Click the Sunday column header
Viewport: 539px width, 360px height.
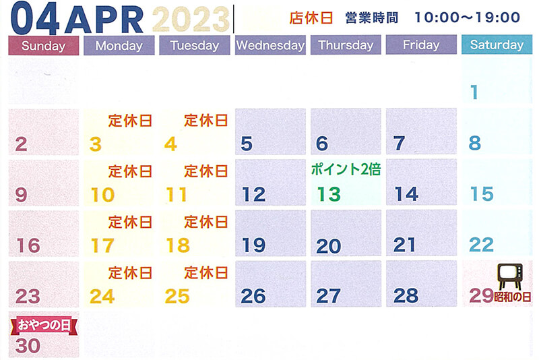44,45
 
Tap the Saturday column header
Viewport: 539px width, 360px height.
497,44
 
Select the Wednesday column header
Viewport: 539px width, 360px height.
270,45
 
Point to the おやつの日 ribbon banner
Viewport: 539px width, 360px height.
44,325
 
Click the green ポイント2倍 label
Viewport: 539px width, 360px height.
346,169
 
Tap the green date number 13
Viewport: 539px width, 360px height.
329,194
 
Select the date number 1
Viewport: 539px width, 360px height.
474,92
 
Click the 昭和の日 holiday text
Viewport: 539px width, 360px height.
512,297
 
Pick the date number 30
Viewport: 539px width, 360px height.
28,346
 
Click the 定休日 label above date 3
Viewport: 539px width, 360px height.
130,121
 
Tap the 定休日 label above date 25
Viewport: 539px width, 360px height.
206,273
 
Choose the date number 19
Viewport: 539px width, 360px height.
254,245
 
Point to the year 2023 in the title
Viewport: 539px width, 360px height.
191,20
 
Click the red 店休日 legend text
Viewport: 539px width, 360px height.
311,18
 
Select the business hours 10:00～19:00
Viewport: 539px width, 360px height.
468,18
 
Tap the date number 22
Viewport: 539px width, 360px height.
481,245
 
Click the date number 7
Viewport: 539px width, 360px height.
399,144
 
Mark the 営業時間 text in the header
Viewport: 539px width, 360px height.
372,18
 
